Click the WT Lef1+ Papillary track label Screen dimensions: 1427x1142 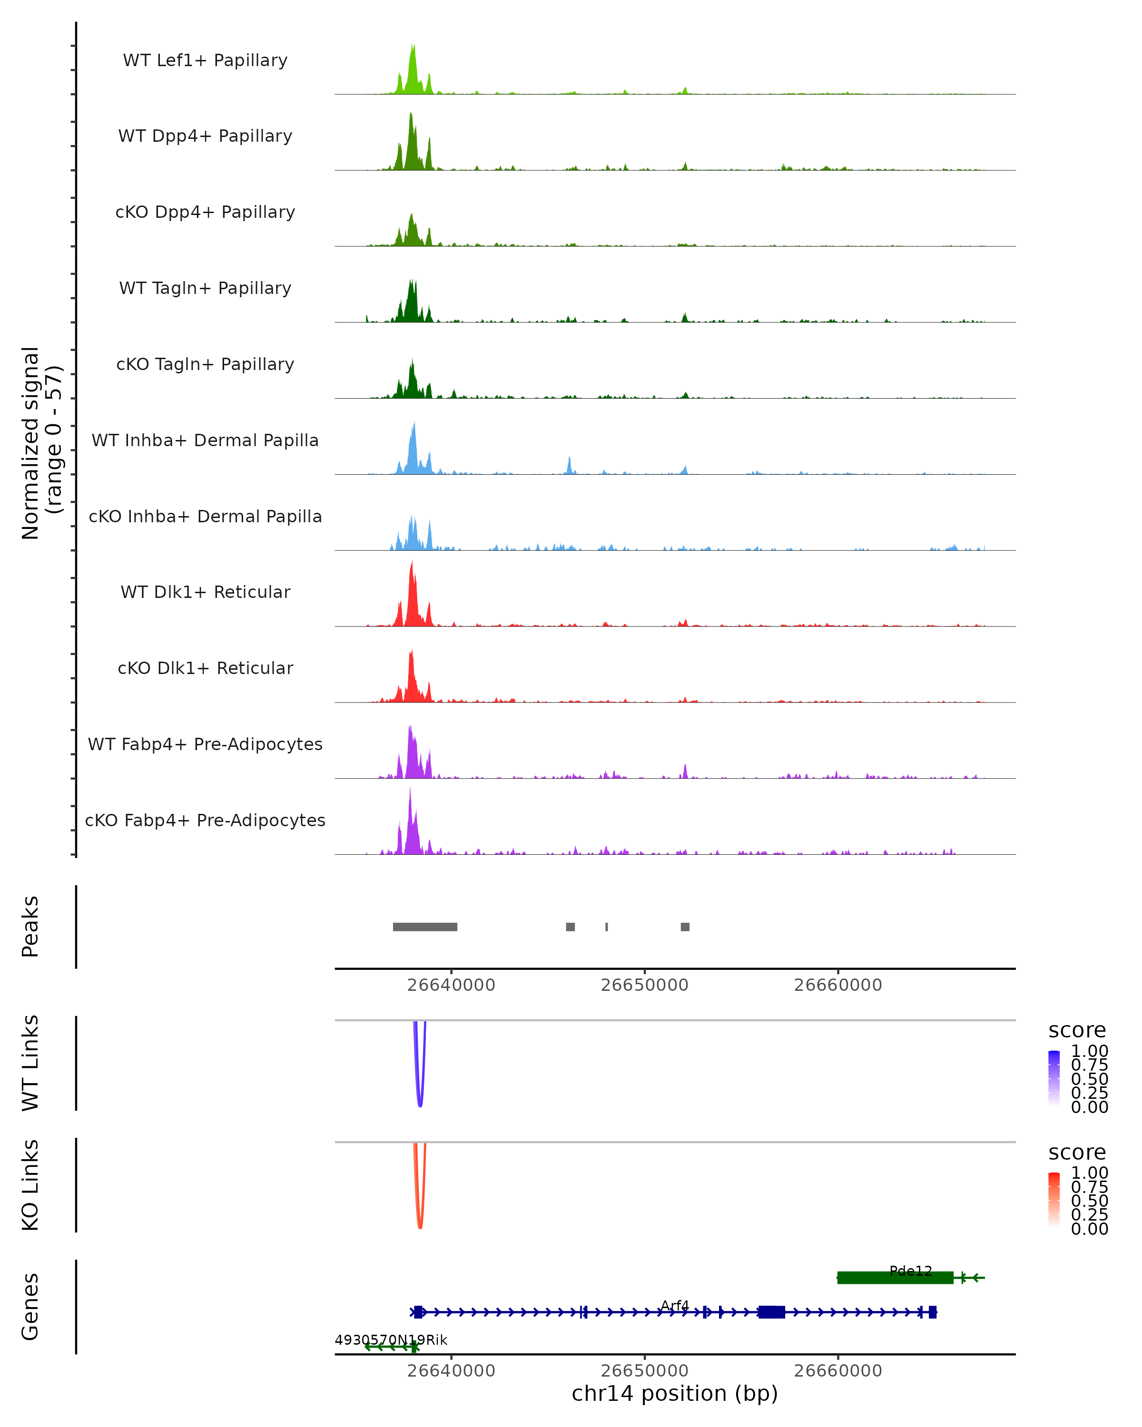[x=205, y=60]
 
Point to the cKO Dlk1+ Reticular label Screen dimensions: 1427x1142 [x=205, y=668]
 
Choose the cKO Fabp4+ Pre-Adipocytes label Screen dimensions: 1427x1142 [x=205, y=820]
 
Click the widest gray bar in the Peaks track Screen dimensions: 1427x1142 [x=425, y=927]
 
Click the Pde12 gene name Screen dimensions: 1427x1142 [x=910, y=1271]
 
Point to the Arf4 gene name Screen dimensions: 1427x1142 [x=675, y=1305]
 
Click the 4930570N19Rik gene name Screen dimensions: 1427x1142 [x=391, y=1339]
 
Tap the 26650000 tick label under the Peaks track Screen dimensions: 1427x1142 [x=644, y=985]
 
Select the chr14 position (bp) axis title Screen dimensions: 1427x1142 [x=675, y=1393]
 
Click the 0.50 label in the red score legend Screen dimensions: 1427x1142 [x=1089, y=1201]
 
